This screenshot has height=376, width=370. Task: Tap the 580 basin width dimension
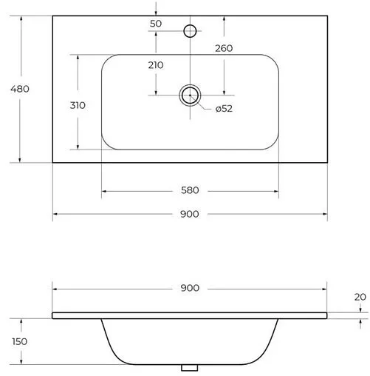[x=190, y=191]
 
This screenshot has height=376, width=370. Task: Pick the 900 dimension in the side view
[x=190, y=287]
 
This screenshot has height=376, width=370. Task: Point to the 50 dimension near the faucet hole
[x=156, y=24]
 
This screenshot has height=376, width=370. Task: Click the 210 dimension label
[x=156, y=65]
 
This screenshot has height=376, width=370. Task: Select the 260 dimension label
[x=225, y=49]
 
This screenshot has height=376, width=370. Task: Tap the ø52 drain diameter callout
[x=225, y=110]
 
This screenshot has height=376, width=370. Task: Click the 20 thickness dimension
[x=360, y=296]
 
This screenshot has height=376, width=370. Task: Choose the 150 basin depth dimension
[x=19, y=341]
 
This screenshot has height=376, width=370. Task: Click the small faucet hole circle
[x=190, y=30]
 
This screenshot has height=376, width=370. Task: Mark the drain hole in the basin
[x=191, y=94]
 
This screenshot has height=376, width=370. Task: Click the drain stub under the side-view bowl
[x=191, y=367]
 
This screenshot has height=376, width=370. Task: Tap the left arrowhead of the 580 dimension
[x=103, y=191]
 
